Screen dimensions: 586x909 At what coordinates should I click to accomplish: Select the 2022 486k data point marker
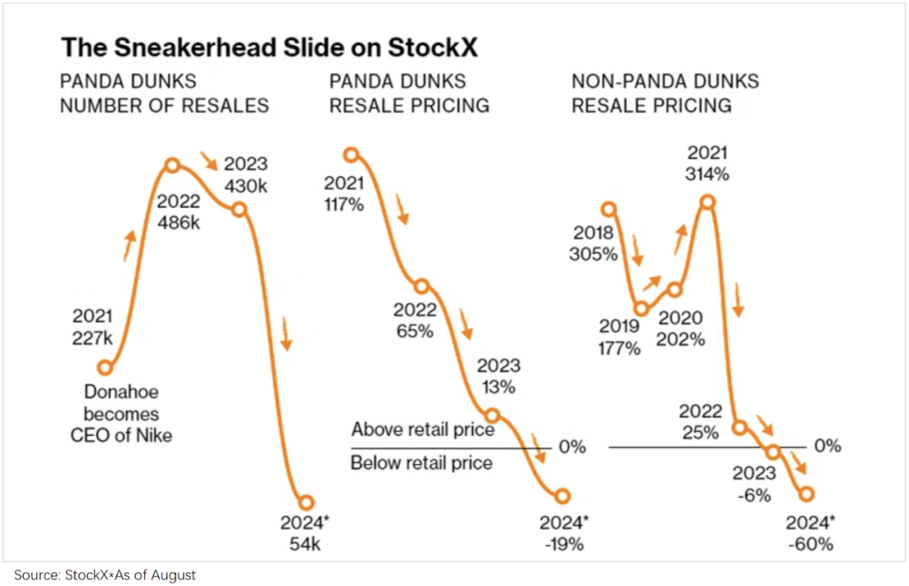coord(172,166)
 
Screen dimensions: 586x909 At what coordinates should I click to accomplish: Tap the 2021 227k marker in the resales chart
coord(105,367)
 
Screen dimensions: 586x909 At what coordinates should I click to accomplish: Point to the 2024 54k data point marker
coord(307,502)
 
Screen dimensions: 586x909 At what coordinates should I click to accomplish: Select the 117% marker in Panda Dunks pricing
coord(352,154)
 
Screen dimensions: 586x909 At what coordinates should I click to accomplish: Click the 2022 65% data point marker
coord(422,285)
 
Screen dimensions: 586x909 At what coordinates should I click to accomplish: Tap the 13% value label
coord(498,388)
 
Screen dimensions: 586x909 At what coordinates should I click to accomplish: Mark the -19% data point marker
coord(562,496)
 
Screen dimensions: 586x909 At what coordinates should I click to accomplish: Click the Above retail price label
coord(423,430)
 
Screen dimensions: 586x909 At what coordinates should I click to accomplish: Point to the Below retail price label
coord(422,462)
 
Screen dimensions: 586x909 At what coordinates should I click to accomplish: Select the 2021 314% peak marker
coord(708,202)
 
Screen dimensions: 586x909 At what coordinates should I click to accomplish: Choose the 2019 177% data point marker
coord(641,309)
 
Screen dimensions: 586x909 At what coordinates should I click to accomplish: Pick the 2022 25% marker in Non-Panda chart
coord(740,427)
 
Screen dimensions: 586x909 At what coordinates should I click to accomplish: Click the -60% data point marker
coord(809,494)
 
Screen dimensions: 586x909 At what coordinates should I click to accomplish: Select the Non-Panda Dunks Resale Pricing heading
coord(665,93)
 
